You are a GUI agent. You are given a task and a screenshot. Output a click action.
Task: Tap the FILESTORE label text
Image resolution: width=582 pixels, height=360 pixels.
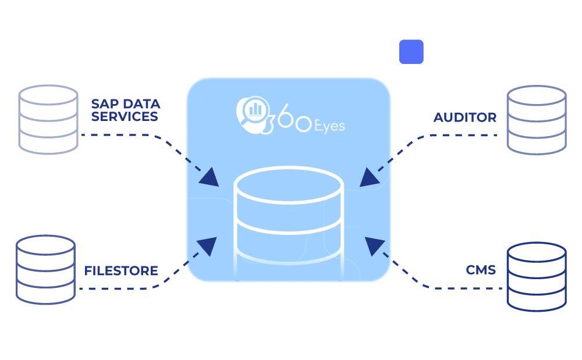click(x=120, y=271)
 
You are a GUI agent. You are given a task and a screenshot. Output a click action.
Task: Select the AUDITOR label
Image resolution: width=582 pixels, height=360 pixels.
click(x=465, y=117)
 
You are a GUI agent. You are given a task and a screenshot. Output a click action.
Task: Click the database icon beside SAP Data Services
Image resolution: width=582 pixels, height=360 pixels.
click(x=48, y=119)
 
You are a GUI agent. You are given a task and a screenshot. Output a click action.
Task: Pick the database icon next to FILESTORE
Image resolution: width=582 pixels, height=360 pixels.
click(x=45, y=270)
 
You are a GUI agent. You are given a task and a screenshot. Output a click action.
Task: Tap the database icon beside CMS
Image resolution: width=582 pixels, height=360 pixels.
click(x=536, y=277)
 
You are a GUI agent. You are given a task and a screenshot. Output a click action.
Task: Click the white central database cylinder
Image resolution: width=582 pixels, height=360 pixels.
click(x=289, y=215)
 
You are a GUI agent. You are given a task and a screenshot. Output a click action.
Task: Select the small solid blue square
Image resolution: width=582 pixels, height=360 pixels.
click(x=410, y=52)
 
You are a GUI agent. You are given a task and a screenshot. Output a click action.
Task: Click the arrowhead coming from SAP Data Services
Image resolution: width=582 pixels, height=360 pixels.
click(x=209, y=177)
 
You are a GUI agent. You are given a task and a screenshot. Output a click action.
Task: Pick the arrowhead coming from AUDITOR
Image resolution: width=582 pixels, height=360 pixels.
click(x=369, y=177)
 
